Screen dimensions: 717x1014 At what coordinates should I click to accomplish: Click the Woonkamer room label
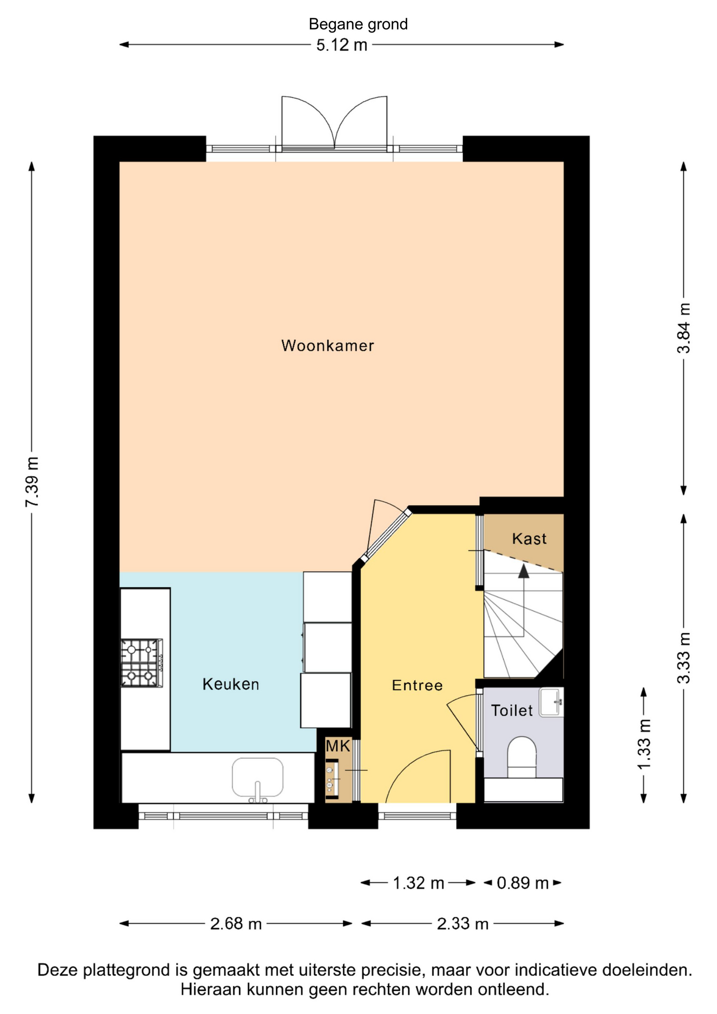327,345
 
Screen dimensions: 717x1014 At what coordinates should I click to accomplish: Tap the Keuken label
231,684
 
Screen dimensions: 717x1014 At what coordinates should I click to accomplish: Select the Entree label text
417,685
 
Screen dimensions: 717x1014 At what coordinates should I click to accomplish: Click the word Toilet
512,710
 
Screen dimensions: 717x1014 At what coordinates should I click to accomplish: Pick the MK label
338,746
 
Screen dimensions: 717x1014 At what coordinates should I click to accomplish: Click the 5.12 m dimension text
342,45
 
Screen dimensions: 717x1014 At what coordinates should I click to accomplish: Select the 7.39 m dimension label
32,482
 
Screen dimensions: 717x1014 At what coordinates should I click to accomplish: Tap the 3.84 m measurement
684,328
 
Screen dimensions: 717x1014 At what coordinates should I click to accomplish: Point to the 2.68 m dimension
236,923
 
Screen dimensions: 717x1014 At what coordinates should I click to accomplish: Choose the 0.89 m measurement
523,882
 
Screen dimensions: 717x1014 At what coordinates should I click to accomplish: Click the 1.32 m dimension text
418,882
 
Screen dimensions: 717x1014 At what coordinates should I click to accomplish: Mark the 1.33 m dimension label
644,745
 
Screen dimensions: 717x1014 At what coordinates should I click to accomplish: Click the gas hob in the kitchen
141,663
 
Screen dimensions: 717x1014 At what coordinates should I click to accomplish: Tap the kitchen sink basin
258,777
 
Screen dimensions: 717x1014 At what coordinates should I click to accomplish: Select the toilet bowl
522,757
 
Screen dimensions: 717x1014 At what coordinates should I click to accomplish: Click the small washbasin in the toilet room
551,702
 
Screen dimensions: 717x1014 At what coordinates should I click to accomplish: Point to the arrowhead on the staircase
523,571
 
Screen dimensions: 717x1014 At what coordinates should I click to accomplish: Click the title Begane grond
358,24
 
